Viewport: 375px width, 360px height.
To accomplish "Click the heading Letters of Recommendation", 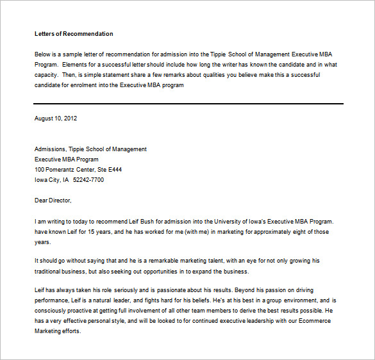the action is (74, 34).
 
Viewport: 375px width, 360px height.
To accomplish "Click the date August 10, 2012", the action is (56, 119).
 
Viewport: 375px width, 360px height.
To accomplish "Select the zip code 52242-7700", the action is (88, 180).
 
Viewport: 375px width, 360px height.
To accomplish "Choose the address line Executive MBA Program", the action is (67, 160).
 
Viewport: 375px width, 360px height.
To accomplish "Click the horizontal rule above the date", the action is (188, 103).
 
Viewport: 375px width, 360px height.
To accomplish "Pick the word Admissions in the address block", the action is (50, 149).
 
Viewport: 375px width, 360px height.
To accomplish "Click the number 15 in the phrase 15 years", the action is (89, 231).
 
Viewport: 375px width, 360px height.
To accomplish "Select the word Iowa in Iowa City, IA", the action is (40, 180).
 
